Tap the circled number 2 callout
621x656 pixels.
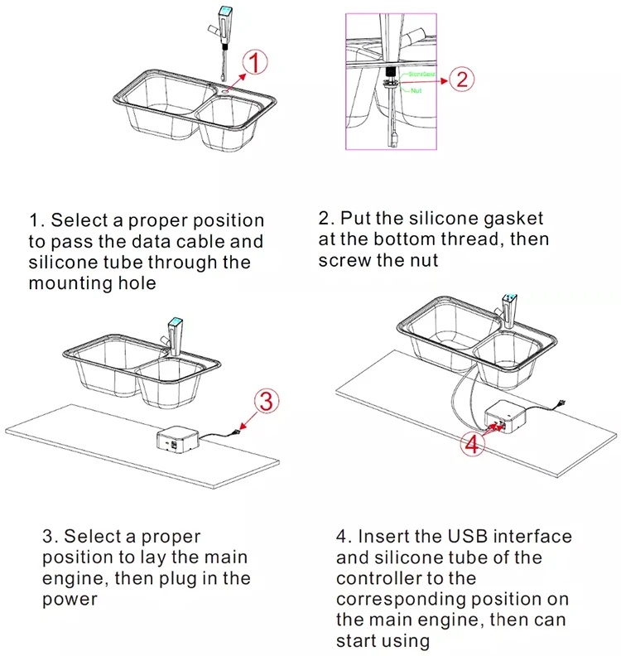point(462,80)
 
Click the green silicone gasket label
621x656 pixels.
point(421,74)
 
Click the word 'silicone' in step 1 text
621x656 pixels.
point(65,263)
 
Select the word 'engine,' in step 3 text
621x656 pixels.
point(79,578)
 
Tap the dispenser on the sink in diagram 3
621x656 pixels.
point(175,330)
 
